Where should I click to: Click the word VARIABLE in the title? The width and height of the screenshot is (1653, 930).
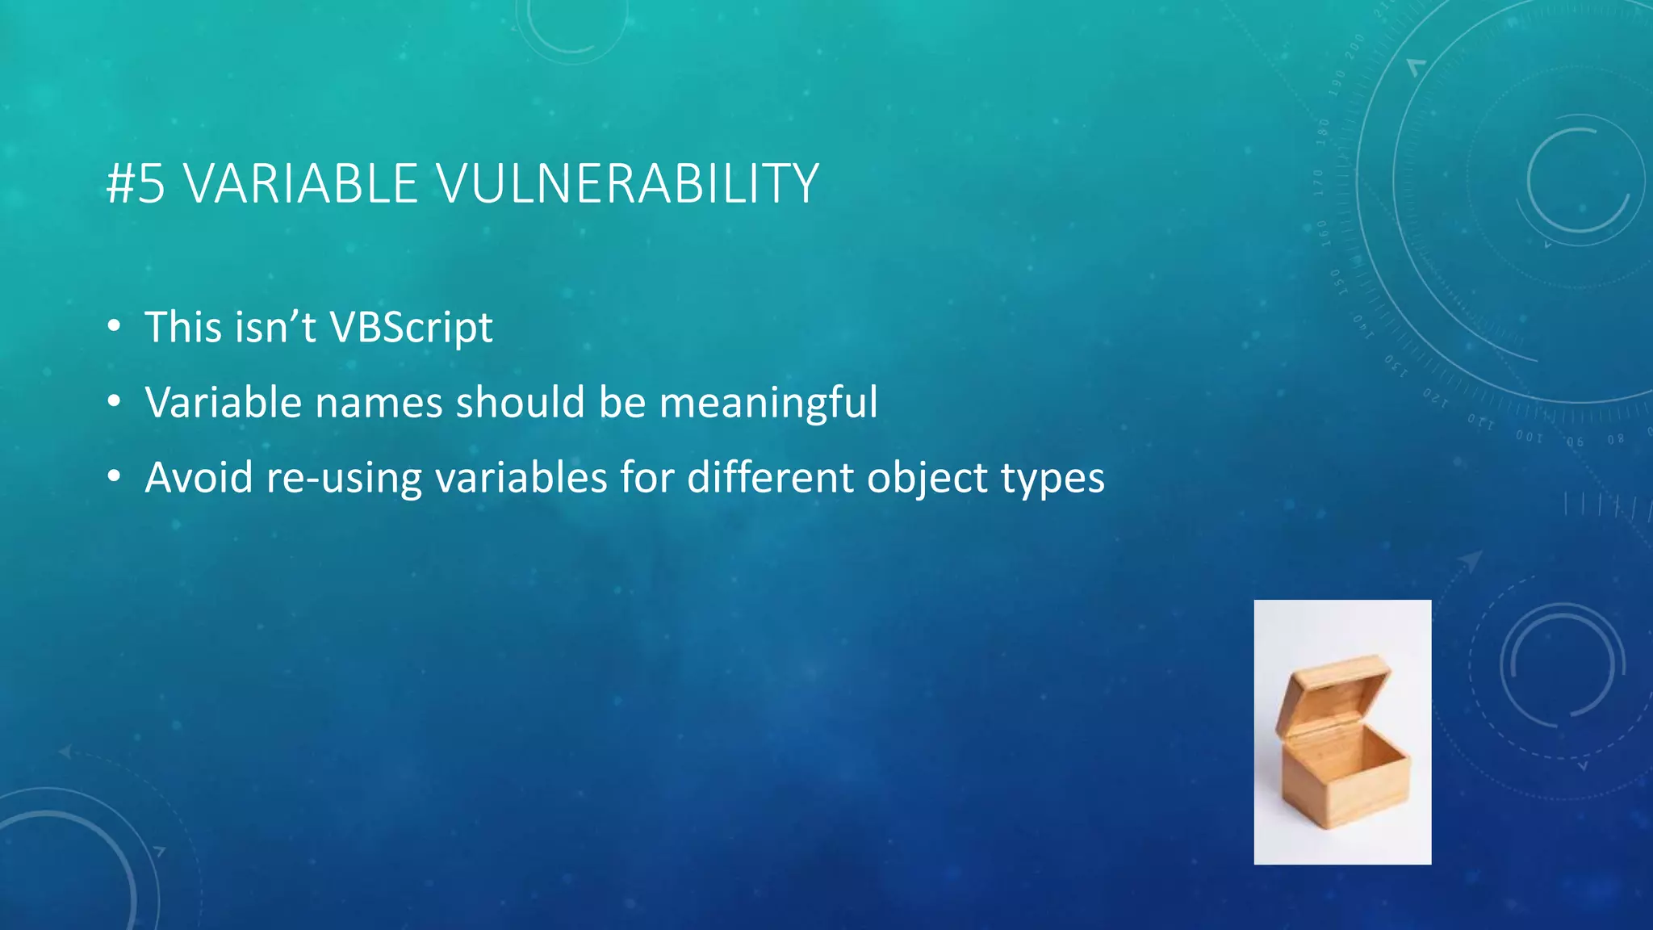click(300, 184)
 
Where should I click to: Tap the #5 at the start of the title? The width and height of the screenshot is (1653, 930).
click(136, 184)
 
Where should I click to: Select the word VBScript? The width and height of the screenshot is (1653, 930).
click(411, 328)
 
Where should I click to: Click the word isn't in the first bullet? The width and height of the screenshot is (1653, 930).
click(274, 328)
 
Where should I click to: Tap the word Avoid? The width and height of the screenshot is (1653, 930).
click(199, 478)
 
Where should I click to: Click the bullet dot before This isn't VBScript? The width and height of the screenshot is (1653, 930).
click(114, 328)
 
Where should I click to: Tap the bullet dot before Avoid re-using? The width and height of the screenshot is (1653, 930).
click(114, 478)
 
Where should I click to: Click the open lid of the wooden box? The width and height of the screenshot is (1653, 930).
click(1332, 686)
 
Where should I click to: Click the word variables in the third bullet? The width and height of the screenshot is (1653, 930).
click(521, 478)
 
